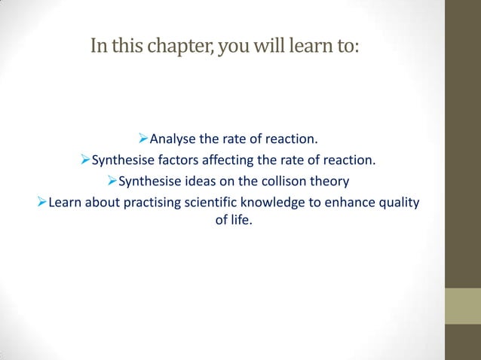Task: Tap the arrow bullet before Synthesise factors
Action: (85, 160)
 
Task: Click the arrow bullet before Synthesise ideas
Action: (112, 182)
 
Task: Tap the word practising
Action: (149, 203)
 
